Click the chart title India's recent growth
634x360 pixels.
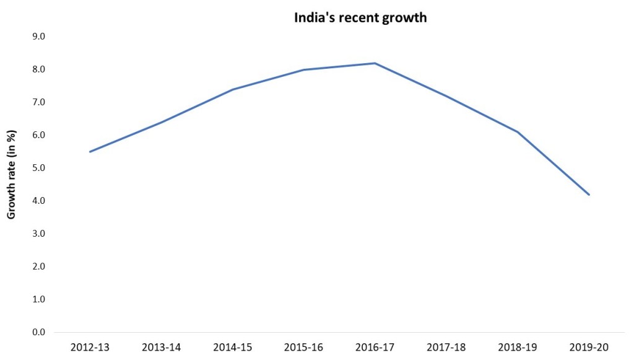point(360,17)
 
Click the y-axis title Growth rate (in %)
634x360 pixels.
point(11,175)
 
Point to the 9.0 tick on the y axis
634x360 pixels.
point(38,37)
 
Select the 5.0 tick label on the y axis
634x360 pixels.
point(38,168)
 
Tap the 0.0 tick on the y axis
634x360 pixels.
point(38,333)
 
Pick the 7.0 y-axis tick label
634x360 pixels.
point(38,102)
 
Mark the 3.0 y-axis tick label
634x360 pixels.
point(38,234)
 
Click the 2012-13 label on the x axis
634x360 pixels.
point(90,348)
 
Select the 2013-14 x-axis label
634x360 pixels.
point(161,348)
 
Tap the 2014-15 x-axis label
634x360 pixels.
point(232,348)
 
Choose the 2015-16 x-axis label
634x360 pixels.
point(303,348)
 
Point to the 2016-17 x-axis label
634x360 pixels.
point(375,348)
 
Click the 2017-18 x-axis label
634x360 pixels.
point(446,348)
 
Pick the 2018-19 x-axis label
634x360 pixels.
point(518,348)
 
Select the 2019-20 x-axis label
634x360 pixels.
point(589,348)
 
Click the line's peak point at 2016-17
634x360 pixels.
point(375,63)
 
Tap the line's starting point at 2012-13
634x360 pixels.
point(90,152)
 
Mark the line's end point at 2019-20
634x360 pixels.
point(589,195)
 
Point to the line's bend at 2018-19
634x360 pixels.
point(518,132)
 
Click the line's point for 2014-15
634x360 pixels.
point(232,89)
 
